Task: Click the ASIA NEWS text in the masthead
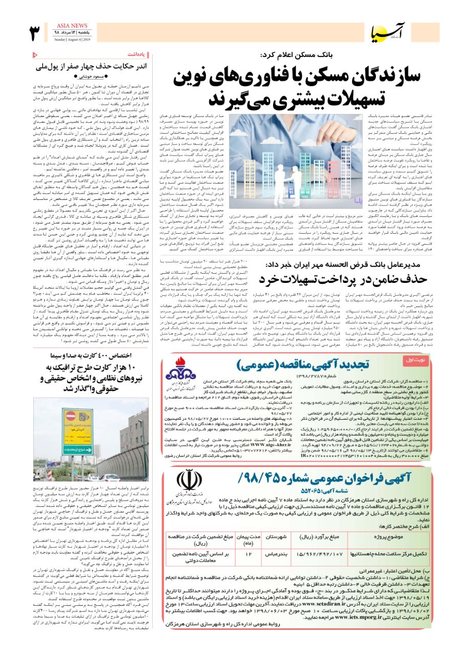pyautogui.click(x=71, y=26)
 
